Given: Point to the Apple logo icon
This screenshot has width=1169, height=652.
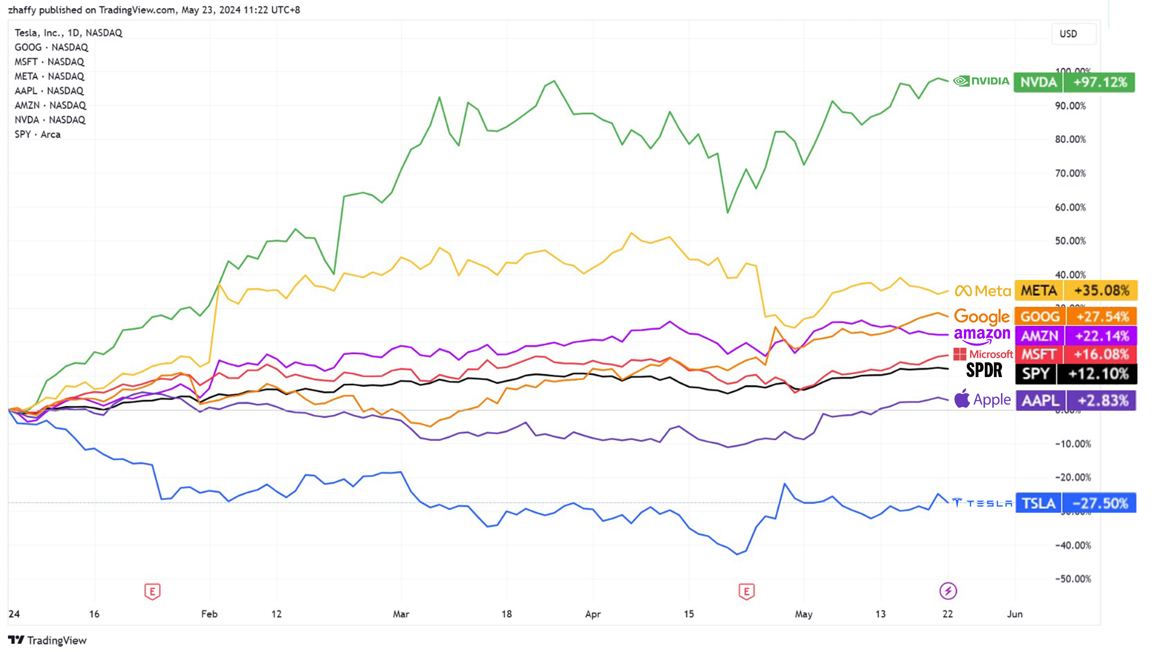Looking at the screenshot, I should tap(962, 399).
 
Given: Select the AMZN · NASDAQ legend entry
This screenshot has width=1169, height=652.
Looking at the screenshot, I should tap(50, 105).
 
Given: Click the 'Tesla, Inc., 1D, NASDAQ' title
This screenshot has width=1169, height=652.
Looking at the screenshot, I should tap(68, 33).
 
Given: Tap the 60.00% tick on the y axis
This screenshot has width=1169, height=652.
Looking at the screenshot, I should tap(1070, 207).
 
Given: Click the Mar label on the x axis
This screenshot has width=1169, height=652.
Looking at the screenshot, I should tap(401, 614).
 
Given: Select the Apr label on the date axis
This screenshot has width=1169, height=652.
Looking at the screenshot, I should tap(593, 614).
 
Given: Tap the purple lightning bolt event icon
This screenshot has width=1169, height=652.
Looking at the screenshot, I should tap(948, 591).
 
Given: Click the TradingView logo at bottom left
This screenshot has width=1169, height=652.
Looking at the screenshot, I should tap(47, 640).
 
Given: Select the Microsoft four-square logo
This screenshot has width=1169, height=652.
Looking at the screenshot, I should tap(959, 354).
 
